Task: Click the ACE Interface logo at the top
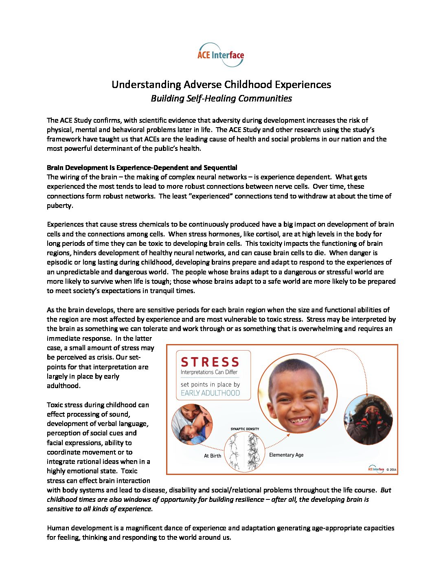pos(221,55)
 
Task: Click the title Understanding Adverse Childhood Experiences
pos(221,84)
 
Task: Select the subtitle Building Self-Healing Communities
pos(221,98)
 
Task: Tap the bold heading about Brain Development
pos(142,168)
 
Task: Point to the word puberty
pos(59,205)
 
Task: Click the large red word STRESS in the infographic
pos(210,362)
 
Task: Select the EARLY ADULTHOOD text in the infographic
pos(210,393)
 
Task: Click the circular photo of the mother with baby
pos(192,424)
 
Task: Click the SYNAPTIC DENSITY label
pos(245,429)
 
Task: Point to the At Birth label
pos(213,456)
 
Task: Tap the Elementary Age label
pos(286,455)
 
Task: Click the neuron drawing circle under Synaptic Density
pos(244,452)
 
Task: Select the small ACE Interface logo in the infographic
pos(376,469)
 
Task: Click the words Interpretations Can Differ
pos(209,372)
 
